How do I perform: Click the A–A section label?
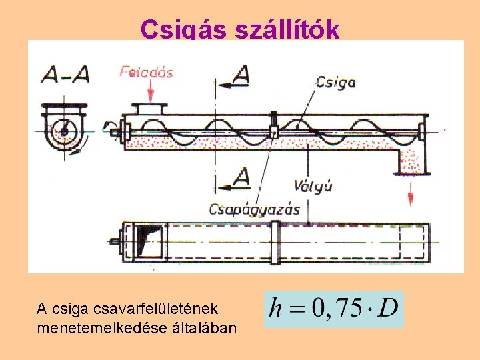[x=65, y=75]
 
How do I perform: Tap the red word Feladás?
[x=146, y=71]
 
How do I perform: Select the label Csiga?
[x=335, y=82]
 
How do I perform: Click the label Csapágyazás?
[x=254, y=209]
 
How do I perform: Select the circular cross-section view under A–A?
[x=64, y=129]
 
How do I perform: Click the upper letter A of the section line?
[x=241, y=75]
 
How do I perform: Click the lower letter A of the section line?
[x=241, y=177]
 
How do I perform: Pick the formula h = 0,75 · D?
[x=333, y=309]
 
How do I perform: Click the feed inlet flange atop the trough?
[x=150, y=108]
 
